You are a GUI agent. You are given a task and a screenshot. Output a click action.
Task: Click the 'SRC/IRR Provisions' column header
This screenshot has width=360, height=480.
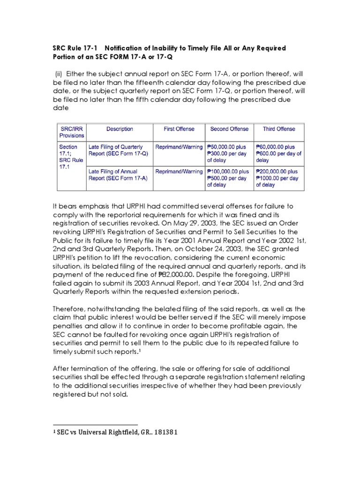[x=72, y=132]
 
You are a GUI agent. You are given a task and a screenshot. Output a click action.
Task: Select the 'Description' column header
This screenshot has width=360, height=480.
[x=120, y=128]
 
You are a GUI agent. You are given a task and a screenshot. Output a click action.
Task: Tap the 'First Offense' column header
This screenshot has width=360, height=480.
[x=179, y=128]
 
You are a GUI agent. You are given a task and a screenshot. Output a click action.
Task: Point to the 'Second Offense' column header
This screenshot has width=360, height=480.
[x=229, y=128]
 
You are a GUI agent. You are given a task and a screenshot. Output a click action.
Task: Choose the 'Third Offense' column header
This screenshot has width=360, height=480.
[x=279, y=128]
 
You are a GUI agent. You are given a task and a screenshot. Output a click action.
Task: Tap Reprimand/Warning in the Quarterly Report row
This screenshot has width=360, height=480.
[x=179, y=147]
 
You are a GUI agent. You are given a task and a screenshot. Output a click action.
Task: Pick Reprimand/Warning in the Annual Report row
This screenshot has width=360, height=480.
[x=179, y=172]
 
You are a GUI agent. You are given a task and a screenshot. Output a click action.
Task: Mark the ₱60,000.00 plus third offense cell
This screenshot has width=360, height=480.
[x=279, y=153]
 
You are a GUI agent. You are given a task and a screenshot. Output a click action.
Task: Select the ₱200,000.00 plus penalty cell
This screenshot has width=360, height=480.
[x=279, y=178]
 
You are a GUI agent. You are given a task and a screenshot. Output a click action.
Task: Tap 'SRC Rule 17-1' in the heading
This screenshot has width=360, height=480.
[x=75, y=48]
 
